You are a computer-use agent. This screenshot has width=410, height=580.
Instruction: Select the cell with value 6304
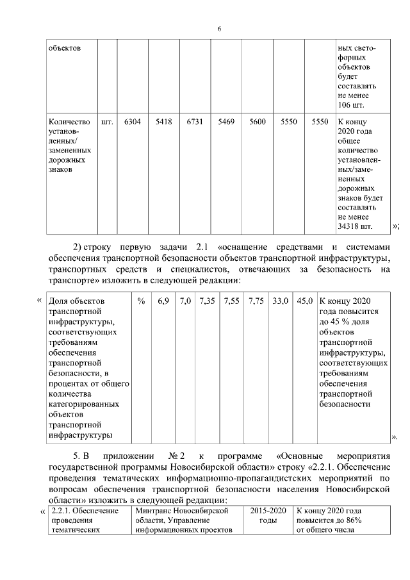(133, 120)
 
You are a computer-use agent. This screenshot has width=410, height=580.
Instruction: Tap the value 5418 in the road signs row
(163, 120)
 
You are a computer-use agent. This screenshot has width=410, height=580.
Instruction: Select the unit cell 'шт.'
(107, 120)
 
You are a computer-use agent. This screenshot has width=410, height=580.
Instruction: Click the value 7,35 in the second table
(206, 301)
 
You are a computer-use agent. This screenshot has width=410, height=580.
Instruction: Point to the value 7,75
(256, 301)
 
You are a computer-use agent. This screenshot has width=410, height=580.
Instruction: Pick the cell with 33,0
(281, 301)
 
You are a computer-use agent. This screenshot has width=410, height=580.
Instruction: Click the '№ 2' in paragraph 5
(177, 456)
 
